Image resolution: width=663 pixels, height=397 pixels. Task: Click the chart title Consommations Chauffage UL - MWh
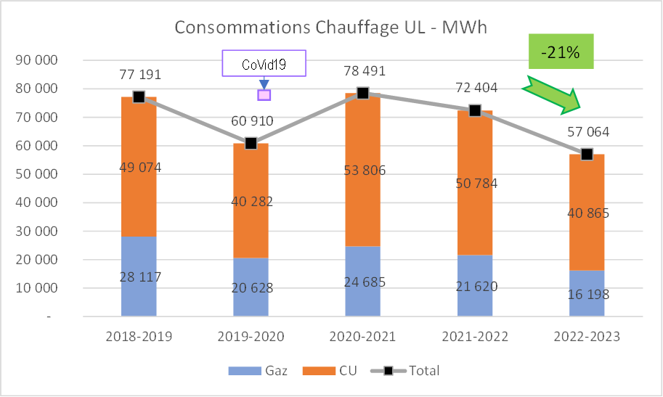pyautogui.click(x=330, y=28)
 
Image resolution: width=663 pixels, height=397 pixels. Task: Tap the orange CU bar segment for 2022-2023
pyautogui.click(x=587, y=189)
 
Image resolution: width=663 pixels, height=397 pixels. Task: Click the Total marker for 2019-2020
pyautogui.click(x=251, y=143)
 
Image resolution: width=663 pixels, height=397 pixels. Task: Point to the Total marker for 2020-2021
pyautogui.click(x=363, y=93)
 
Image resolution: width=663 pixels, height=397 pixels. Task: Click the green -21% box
pyautogui.click(x=561, y=52)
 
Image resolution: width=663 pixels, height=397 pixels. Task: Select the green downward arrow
pyautogui.click(x=551, y=97)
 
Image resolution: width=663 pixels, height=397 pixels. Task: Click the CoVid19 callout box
pyautogui.click(x=264, y=64)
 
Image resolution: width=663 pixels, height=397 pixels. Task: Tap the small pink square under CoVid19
pyautogui.click(x=264, y=94)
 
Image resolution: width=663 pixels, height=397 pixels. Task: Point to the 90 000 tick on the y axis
pyautogui.click(x=36, y=60)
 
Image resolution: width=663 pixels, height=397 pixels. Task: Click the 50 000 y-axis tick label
pyautogui.click(x=36, y=174)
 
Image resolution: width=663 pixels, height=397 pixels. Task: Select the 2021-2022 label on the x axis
pyautogui.click(x=475, y=337)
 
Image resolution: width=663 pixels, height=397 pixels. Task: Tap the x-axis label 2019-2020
pyautogui.click(x=251, y=337)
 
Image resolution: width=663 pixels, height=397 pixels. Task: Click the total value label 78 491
pyautogui.click(x=363, y=72)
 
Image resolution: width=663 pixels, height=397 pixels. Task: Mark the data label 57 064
pyautogui.click(x=587, y=133)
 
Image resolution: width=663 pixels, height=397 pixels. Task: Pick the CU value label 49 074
pyautogui.click(x=139, y=168)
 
